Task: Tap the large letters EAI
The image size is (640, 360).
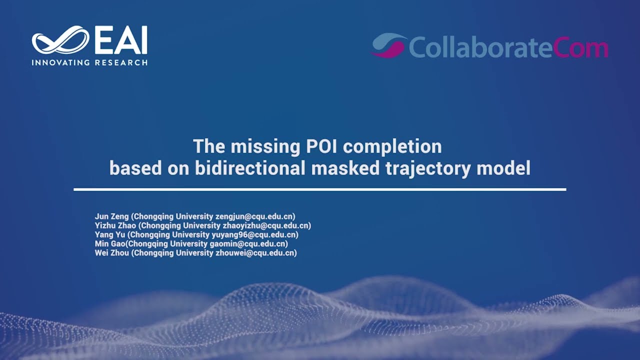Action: click(120, 41)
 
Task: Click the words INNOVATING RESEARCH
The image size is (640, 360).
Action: click(89, 63)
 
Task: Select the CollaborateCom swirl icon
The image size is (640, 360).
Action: click(388, 45)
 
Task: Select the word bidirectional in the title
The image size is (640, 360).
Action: click(250, 168)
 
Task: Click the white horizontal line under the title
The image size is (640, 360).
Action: click(320, 189)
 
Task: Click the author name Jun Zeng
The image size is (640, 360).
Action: click(111, 216)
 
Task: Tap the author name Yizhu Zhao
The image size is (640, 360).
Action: click(115, 226)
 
